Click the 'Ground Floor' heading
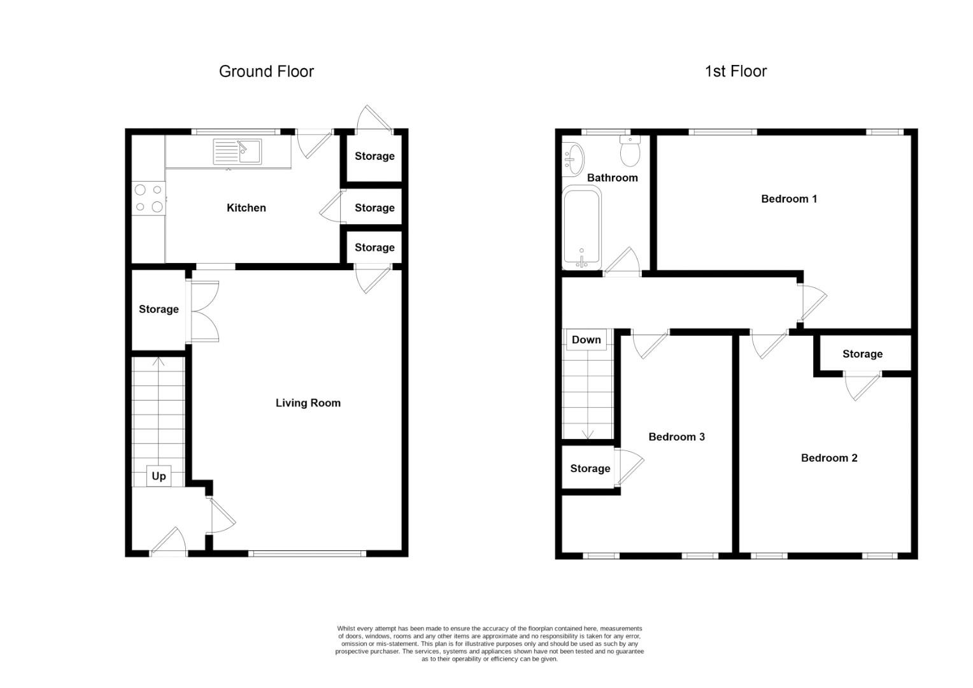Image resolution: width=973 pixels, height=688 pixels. pyautogui.click(x=266, y=71)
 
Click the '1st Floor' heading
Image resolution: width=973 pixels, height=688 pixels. pyautogui.click(x=735, y=71)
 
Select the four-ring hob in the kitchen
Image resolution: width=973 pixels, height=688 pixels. pyautogui.click(x=148, y=198)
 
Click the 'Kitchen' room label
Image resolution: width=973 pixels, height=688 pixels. pyautogui.click(x=246, y=208)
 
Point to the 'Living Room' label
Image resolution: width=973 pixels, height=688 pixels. pyautogui.click(x=308, y=403)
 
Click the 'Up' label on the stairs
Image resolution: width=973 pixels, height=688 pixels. pyautogui.click(x=159, y=476)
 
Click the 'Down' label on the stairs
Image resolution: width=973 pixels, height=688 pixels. pyautogui.click(x=586, y=340)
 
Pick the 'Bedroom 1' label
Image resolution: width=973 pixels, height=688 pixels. pyautogui.click(x=789, y=199)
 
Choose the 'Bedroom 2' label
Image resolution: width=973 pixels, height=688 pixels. pyautogui.click(x=828, y=457)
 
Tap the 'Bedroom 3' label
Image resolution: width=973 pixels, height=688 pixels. pyautogui.click(x=676, y=436)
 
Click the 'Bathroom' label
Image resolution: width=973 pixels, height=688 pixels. pyautogui.click(x=612, y=178)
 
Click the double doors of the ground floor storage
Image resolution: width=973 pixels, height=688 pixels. pyautogui.click(x=204, y=312)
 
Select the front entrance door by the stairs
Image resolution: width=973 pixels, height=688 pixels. pyautogui.click(x=169, y=543)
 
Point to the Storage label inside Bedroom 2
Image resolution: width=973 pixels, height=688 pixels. pyautogui.click(x=862, y=354)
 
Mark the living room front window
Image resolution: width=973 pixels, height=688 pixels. pyautogui.click(x=308, y=554)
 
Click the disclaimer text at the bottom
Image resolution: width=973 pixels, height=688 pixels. pyautogui.click(x=489, y=643)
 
